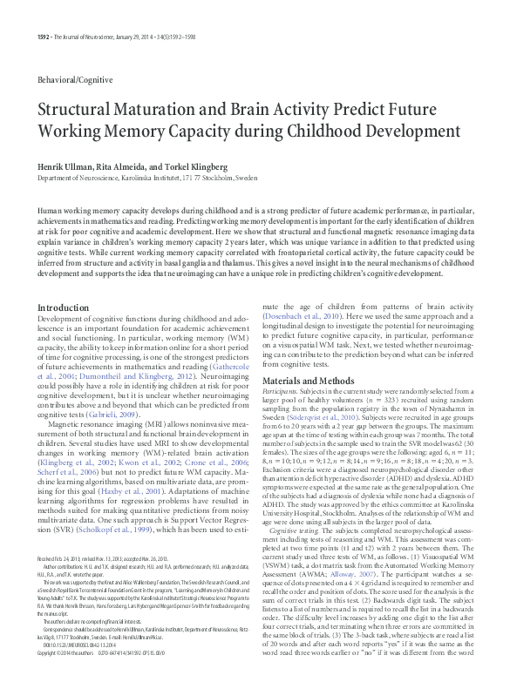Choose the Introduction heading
pos(63,308)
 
